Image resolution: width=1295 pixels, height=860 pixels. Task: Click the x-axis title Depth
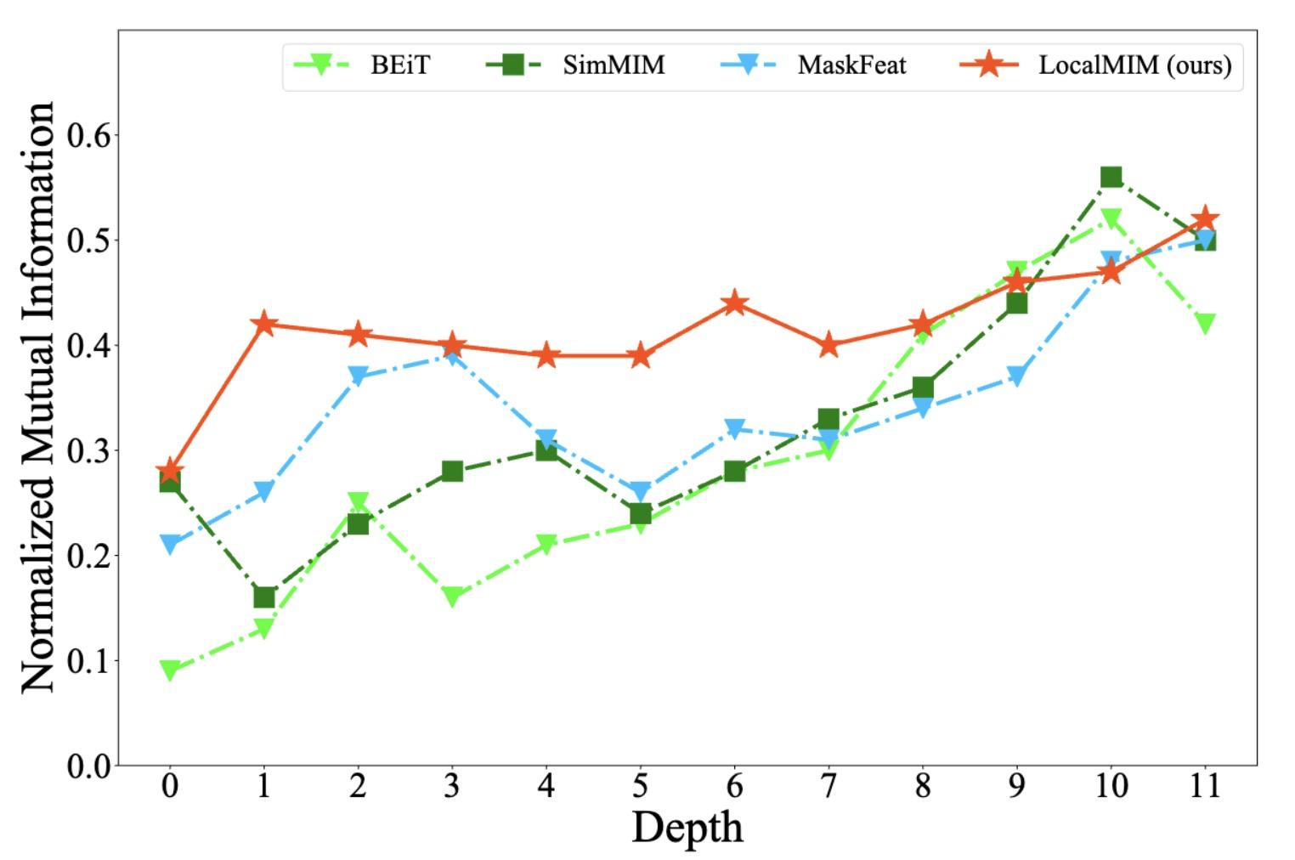[687, 827]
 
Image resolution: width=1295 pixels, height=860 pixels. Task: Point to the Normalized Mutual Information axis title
[38, 397]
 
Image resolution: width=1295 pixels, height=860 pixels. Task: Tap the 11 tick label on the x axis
[1204, 786]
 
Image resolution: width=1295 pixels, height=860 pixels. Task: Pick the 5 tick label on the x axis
[640, 786]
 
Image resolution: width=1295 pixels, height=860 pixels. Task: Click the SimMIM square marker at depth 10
[1111, 177]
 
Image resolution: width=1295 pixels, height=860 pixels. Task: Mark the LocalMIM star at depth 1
[263, 324]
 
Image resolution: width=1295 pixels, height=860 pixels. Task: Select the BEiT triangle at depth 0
[170, 670]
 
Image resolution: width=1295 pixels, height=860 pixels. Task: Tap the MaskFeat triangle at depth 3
[452, 355]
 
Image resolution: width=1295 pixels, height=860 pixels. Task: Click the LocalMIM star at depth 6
[734, 303]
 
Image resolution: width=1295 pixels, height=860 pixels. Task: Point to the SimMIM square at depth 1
[263, 597]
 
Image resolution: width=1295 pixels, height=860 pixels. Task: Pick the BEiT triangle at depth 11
[1204, 323]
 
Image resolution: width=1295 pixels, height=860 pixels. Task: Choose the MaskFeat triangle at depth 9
[1016, 376]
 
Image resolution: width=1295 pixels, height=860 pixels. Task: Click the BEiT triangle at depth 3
[452, 597]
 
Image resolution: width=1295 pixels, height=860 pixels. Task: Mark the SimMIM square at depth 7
[828, 419]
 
